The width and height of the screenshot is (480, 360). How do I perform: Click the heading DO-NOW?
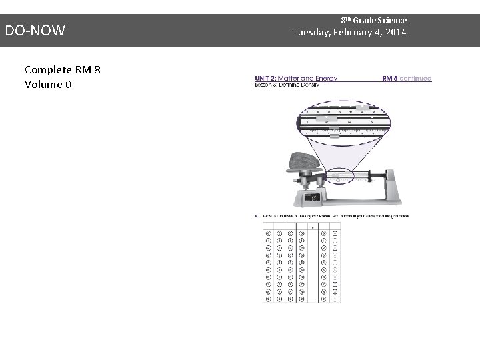point(35,30)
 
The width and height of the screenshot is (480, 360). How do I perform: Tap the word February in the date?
point(363,33)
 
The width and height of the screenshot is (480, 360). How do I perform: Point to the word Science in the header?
point(391,21)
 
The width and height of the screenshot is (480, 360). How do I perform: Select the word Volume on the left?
point(43,85)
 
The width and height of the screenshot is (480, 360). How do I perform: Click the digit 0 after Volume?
point(69,85)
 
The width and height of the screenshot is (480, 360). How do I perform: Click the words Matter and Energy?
point(311,78)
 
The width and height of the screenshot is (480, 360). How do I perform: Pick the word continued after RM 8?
point(416,78)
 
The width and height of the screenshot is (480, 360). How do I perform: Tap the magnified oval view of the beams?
point(341,121)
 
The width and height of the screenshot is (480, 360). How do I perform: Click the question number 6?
point(257,216)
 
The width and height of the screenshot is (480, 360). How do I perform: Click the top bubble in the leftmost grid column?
point(268,233)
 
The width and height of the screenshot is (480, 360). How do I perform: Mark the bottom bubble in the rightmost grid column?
point(335,299)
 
